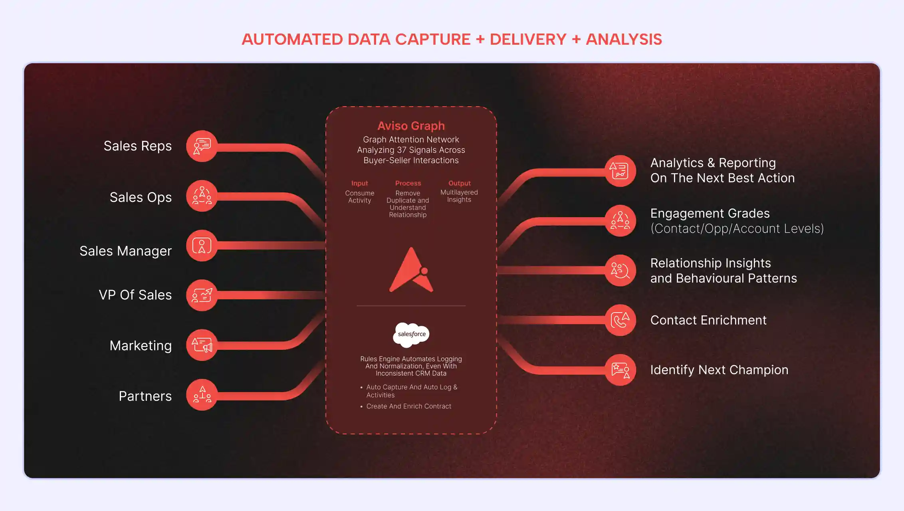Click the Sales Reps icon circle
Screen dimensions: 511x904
tap(202, 146)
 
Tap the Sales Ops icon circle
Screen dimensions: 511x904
tap(202, 196)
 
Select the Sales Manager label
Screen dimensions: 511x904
tap(125, 251)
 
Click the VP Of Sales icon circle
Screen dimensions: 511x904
tap(202, 295)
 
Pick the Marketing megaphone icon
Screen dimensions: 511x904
tap(202, 345)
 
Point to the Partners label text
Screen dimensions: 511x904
tap(145, 396)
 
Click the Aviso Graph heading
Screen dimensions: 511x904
tap(411, 126)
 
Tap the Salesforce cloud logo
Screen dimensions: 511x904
tap(411, 334)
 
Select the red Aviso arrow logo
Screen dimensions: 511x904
tap(411, 270)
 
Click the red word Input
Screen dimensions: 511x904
tap(359, 183)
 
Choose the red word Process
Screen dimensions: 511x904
tap(408, 183)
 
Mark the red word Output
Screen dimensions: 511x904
tap(459, 183)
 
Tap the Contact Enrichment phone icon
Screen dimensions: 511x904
tap(620, 320)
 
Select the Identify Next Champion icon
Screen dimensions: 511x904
tap(620, 370)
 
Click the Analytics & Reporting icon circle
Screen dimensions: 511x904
tap(620, 171)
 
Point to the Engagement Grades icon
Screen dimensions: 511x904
tap(620, 221)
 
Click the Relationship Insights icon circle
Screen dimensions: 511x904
tap(620, 271)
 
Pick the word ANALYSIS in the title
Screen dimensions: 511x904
tap(624, 40)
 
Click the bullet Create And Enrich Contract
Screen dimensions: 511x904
tap(408, 406)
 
